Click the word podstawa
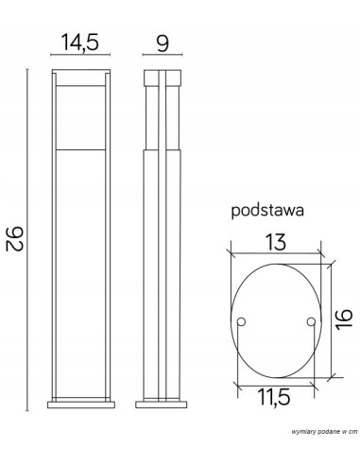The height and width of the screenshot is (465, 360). [266, 213]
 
